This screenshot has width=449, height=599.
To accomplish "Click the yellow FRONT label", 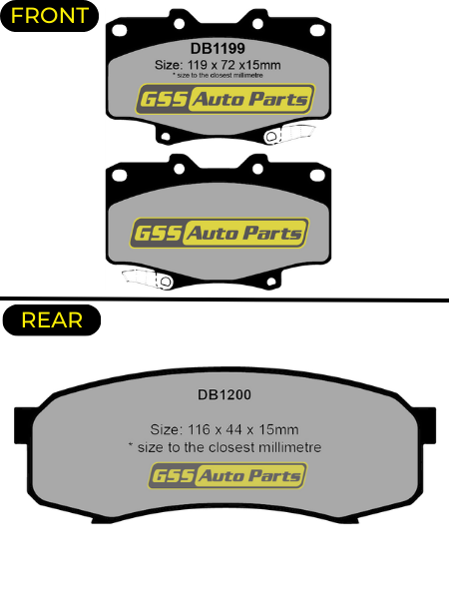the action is (x=49, y=16).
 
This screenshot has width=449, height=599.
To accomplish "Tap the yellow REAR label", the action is (x=52, y=320).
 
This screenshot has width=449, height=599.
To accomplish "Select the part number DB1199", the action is (x=218, y=49).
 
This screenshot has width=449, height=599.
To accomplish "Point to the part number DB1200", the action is (x=224, y=394).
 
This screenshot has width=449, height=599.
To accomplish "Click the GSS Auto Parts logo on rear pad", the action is (x=227, y=475).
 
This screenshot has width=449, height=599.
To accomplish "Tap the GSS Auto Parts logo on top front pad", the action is (x=225, y=99).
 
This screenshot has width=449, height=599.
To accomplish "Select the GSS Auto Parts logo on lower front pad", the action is (x=220, y=233).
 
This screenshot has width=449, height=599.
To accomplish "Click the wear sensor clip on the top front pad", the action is (x=289, y=134).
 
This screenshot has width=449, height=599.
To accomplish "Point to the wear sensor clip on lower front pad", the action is (x=147, y=279).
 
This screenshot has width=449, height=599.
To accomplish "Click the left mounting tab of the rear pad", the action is (x=22, y=425).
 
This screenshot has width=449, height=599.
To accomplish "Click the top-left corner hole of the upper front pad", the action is (x=120, y=30).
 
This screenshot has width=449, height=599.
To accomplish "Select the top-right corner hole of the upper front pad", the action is (x=317, y=30).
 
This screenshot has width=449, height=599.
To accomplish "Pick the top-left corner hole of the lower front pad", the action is (x=120, y=176).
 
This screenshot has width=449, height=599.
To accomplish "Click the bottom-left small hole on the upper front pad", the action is (x=166, y=137).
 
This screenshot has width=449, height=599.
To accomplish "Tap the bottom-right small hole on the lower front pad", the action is (x=271, y=282).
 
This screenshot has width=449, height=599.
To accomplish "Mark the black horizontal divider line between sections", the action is (x=224, y=299).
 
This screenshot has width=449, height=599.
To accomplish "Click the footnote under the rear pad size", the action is (x=224, y=447).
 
